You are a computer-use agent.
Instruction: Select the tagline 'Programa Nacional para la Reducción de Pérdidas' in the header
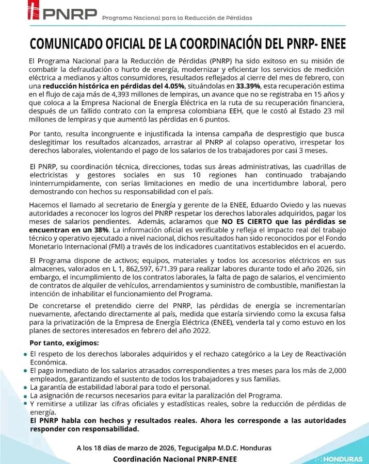[x=177, y=18]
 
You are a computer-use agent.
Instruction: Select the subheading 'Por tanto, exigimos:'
[x=65, y=343]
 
